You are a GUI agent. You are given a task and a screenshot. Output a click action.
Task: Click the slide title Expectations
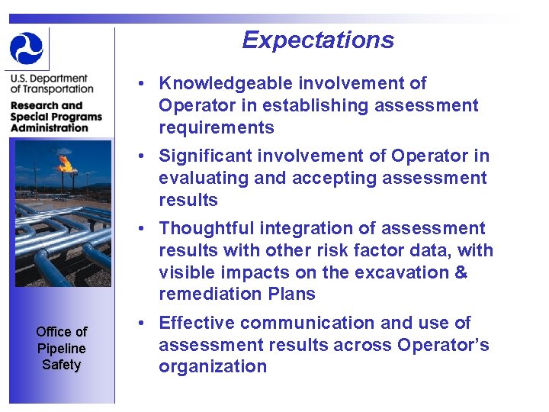(x=318, y=40)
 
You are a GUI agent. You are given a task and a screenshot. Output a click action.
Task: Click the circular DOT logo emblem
(x=27, y=48)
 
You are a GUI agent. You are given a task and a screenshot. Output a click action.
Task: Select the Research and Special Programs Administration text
(x=56, y=117)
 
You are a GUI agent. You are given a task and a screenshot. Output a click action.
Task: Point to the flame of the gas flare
(x=66, y=163)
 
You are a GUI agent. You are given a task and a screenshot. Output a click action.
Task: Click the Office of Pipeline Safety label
(x=61, y=348)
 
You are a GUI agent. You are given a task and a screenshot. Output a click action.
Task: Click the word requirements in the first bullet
(x=216, y=127)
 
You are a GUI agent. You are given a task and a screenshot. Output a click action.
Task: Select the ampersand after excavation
(x=461, y=272)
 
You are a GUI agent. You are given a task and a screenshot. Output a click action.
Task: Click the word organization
(x=213, y=367)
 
